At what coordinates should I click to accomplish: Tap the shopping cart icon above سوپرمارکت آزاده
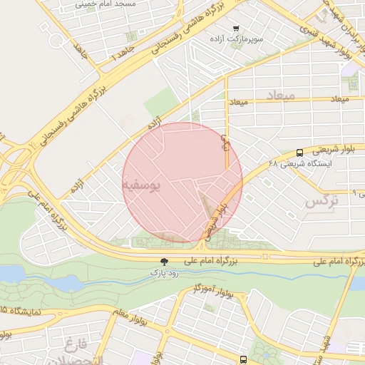pyautogui.click(x=236, y=28)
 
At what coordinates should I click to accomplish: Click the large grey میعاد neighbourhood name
pyautogui.click(x=279, y=95)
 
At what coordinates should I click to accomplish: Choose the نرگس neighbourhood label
pyautogui.click(x=320, y=202)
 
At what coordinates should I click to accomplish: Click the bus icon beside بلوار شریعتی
pyautogui.click(x=299, y=152)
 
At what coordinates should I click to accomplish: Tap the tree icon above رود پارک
pyautogui.click(x=165, y=262)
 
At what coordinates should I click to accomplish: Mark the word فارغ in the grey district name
pyautogui.click(x=74, y=346)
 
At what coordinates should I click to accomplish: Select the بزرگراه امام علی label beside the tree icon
pyautogui.click(x=210, y=262)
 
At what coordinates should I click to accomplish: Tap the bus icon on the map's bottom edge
pyautogui.click(x=243, y=360)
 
